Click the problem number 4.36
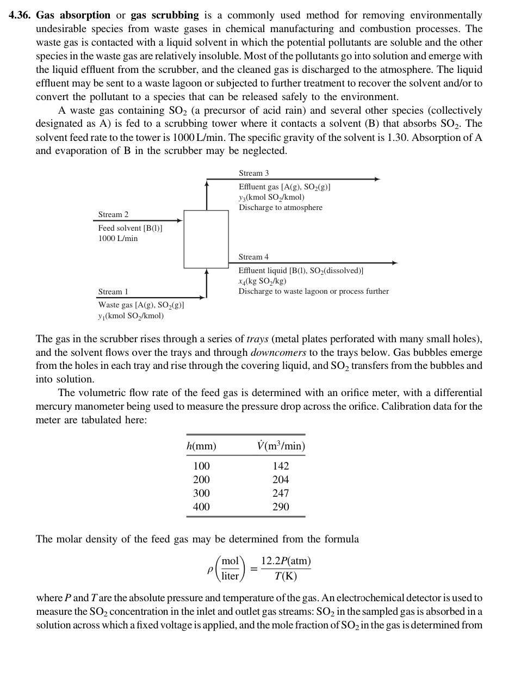click(20, 15)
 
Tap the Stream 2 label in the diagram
click(113, 214)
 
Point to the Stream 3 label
click(253, 173)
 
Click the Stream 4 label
click(253, 257)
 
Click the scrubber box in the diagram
click(206, 239)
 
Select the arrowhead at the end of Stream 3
click(377, 179)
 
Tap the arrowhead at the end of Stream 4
click(394, 263)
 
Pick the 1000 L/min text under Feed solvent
click(118, 238)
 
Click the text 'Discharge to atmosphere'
click(280, 207)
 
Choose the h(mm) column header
click(201, 446)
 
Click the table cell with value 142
click(281, 466)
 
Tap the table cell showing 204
click(281, 479)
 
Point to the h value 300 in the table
click(201, 493)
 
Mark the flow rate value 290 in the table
click(281, 507)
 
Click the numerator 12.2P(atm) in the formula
click(286, 561)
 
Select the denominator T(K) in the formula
click(286, 576)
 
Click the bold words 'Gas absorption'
click(73, 15)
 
